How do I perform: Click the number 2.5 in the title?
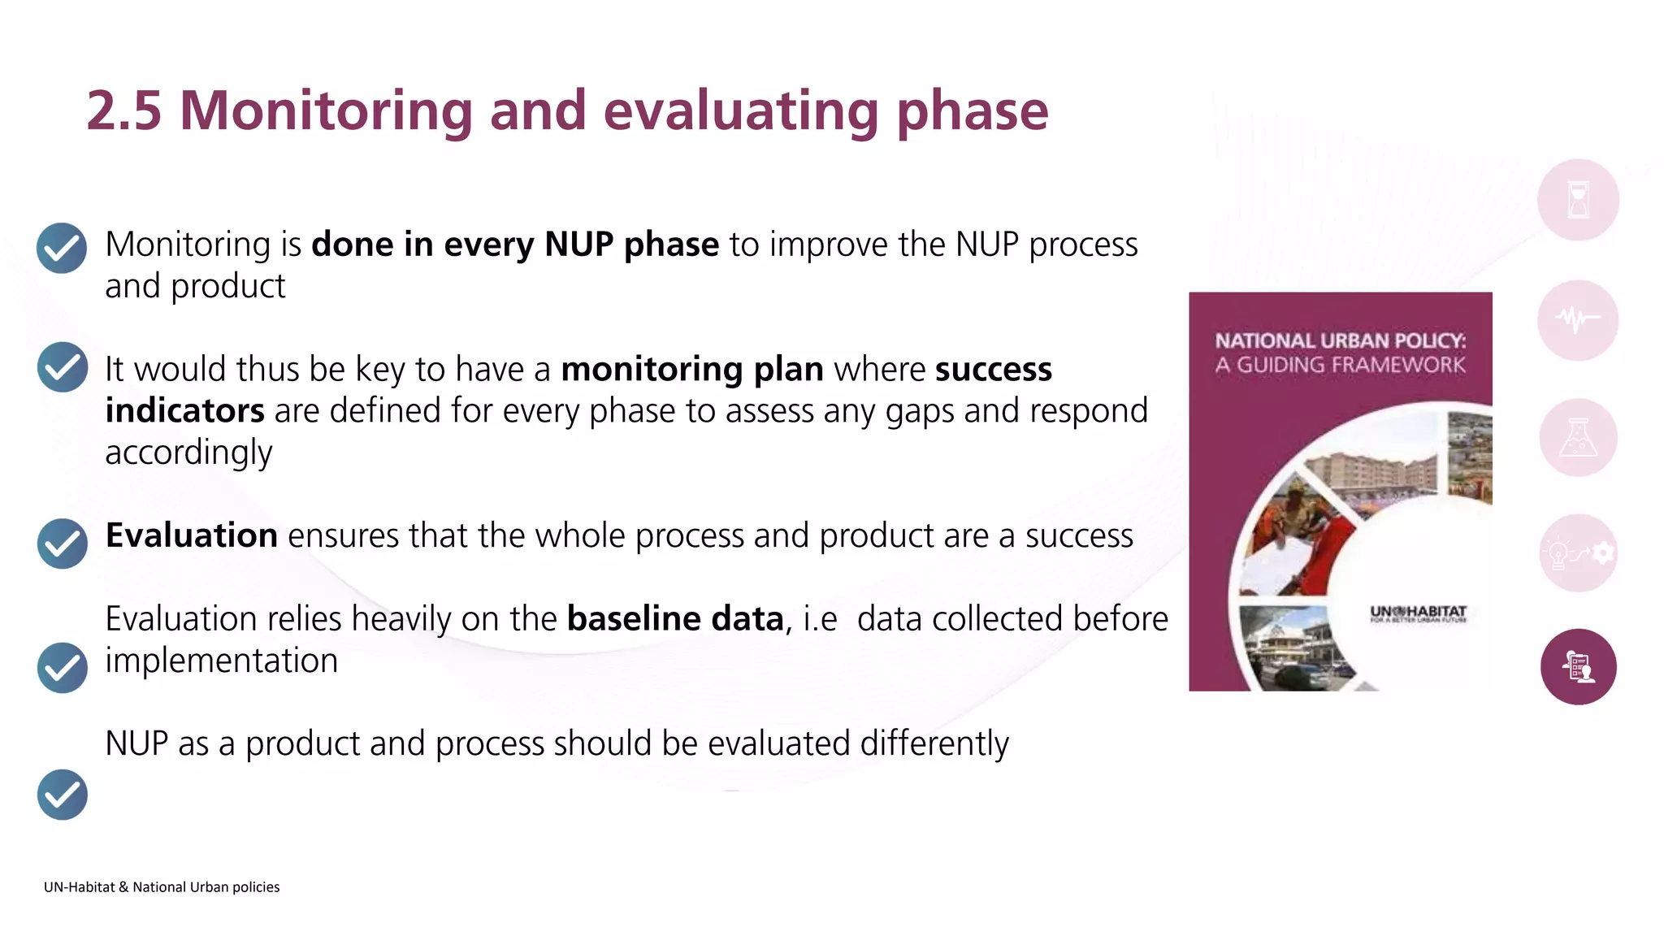123,110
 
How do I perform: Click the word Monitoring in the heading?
325,110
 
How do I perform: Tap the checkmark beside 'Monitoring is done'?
62,248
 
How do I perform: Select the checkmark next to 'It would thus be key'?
62,367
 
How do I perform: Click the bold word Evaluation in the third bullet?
192,535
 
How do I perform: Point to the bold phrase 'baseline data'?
674,619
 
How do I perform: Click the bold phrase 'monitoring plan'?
692,369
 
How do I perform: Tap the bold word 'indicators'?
184,410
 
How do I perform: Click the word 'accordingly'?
188,453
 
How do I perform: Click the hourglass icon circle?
1578,200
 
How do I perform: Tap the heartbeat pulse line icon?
1578,319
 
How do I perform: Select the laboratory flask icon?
1578,438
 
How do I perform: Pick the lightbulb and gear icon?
1578,553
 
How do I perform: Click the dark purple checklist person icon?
1578,667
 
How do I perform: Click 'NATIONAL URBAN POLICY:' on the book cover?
1340,340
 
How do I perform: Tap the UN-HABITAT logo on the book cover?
1418,613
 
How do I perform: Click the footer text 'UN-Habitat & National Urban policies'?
162,887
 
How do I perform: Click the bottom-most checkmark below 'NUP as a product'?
62,795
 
